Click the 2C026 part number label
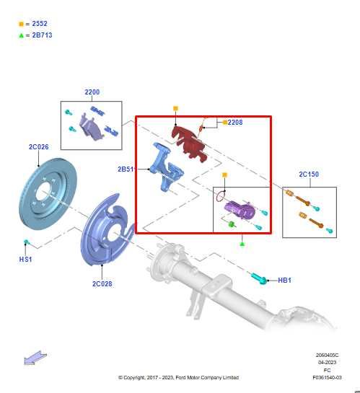pos(38,147)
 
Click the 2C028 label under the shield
pos(102,283)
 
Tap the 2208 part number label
pos(235,123)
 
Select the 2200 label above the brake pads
pos(92,92)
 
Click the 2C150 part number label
pos(309,175)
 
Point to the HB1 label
pos(284,280)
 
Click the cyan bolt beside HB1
pos(259,277)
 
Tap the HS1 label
pos(25,259)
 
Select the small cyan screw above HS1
pos(27,242)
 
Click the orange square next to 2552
pos(21,24)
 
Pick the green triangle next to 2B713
pos(21,35)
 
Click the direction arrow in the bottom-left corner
pos(33,358)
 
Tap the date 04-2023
pos(327,362)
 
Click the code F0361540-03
pos(327,377)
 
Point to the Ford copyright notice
pos(178,377)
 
